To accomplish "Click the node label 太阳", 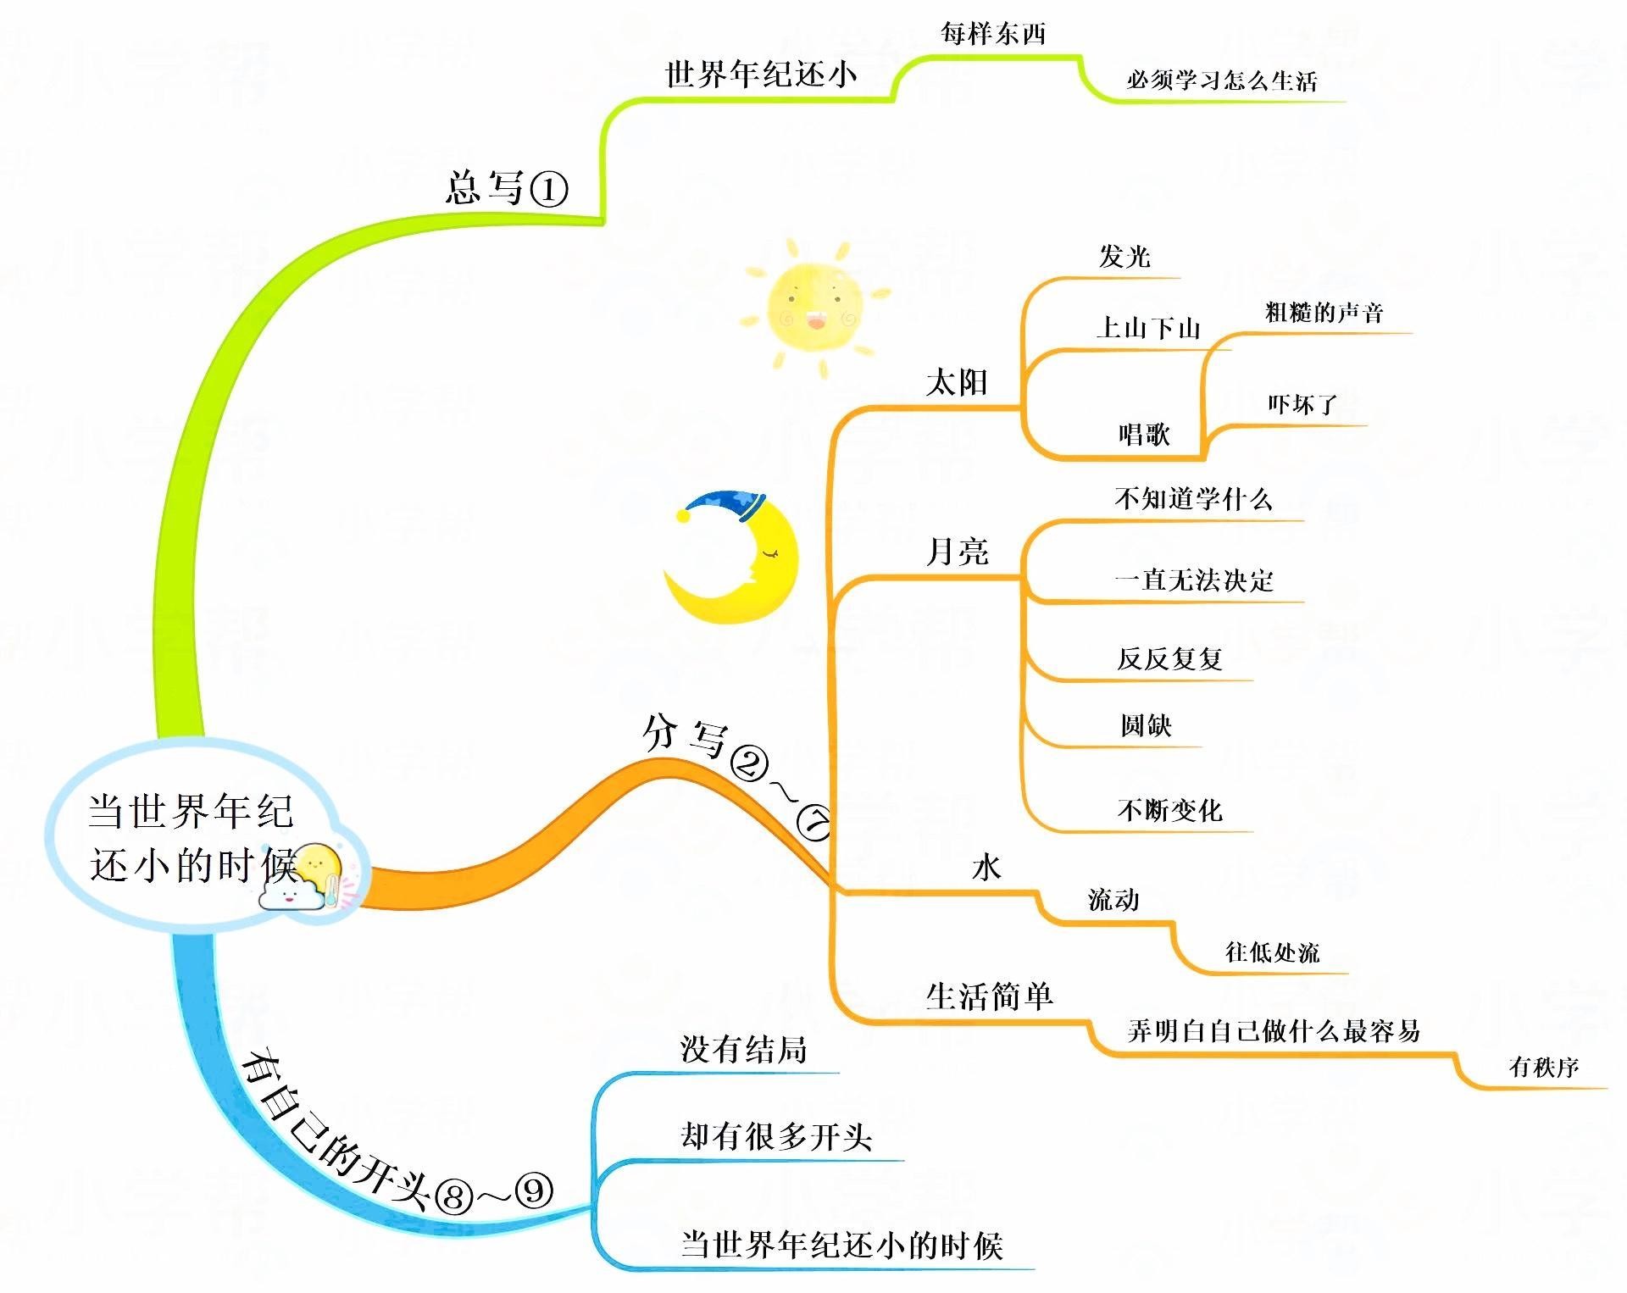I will [x=957, y=382].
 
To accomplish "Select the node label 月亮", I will [x=958, y=552].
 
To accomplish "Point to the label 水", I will [x=986, y=867].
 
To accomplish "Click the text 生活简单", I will [x=989, y=996].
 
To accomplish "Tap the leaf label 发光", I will [x=1124, y=256].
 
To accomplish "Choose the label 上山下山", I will [x=1148, y=328].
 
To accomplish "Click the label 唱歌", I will [x=1144, y=435].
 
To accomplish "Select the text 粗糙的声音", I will [x=1324, y=313].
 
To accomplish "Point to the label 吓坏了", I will [x=1302, y=404].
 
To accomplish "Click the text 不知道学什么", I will [x=1193, y=499].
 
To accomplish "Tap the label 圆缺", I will [x=1146, y=725].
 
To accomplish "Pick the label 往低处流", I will [x=1272, y=952].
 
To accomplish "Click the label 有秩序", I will [x=1544, y=1067].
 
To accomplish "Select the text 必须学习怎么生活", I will [x=1221, y=80].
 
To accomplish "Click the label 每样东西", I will [x=993, y=34].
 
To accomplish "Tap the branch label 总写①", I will [x=506, y=188].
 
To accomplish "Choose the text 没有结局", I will [x=743, y=1050].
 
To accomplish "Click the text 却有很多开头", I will [x=776, y=1136].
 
